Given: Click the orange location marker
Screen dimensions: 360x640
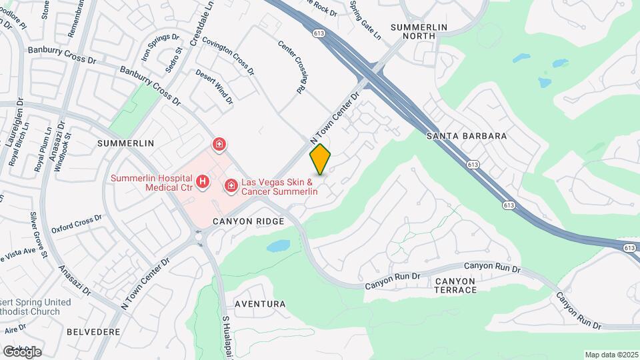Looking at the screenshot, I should (321, 159).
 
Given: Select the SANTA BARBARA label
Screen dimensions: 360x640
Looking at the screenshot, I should (466, 136).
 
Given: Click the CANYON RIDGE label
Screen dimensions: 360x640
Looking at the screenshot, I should (248, 221).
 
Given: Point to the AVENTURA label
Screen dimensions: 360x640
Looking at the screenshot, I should (260, 304).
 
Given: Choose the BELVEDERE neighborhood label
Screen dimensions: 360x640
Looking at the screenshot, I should (93, 331).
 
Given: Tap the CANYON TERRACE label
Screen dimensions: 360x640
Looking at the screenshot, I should (456, 285).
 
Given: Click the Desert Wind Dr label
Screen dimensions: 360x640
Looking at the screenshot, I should (214, 87).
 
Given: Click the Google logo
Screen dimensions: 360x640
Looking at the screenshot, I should (22, 351).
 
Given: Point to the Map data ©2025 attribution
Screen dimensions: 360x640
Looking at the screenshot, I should (611, 355).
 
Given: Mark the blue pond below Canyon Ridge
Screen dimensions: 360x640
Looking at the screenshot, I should (278, 246).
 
